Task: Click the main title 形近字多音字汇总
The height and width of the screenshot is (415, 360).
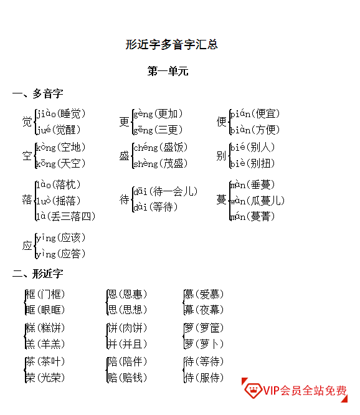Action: point(171,44)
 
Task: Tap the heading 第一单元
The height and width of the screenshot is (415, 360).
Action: point(168,71)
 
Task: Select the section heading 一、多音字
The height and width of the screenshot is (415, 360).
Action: point(38,93)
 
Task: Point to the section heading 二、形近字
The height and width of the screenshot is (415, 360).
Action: point(38,274)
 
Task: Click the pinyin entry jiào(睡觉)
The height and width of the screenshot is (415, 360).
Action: point(61,114)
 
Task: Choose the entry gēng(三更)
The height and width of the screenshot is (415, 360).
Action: point(158,130)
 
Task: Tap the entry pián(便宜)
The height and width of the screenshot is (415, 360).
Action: point(255,114)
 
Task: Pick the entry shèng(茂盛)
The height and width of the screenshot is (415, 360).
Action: point(161,163)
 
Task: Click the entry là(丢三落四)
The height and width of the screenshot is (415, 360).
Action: point(65,216)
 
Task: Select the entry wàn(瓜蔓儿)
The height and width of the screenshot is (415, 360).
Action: point(257,201)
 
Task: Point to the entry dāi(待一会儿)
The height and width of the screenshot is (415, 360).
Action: point(166,191)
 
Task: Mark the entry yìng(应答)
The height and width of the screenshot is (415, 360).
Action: point(61,254)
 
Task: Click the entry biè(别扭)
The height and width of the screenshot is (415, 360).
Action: point(252,163)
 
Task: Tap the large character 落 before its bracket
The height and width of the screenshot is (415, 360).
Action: point(27,199)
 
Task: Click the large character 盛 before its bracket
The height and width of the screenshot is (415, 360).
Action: point(124,156)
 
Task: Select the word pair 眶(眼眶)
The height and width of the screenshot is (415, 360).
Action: point(45,310)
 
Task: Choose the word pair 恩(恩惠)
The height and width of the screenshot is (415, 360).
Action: point(127,294)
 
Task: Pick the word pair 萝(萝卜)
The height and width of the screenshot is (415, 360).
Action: point(204,344)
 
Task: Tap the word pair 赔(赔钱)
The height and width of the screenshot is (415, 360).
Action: point(127,378)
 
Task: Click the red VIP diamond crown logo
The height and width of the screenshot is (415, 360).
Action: point(253,390)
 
